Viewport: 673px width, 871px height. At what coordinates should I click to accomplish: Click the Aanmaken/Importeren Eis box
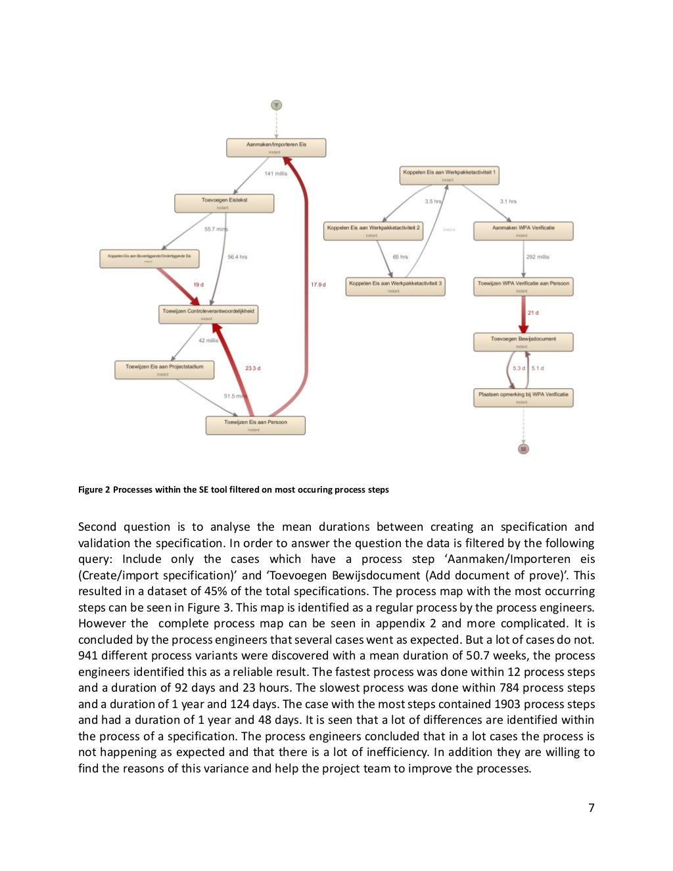click(x=276, y=147)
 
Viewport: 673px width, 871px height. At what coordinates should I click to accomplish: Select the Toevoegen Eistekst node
click(x=224, y=203)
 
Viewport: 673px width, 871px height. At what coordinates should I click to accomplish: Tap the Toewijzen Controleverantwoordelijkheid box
click(x=208, y=314)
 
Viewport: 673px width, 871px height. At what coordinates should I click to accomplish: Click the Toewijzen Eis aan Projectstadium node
click(x=164, y=370)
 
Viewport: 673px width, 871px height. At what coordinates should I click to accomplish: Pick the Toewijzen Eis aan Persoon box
click(x=255, y=425)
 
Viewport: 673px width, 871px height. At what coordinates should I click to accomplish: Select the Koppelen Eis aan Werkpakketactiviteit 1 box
click(x=450, y=175)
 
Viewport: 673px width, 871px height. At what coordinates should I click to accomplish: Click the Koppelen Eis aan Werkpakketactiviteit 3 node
click(x=395, y=286)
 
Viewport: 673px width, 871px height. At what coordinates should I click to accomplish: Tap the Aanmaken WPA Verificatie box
click(x=523, y=231)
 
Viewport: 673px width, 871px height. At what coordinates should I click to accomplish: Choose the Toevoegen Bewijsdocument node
click(x=523, y=342)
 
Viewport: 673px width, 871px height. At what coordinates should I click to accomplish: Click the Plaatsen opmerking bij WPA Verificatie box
click(x=523, y=397)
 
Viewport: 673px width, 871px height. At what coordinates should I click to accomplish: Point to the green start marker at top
click(x=277, y=105)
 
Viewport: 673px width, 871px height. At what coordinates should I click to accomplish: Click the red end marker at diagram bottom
click(x=523, y=449)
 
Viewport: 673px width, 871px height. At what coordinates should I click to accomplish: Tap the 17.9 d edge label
click(x=318, y=284)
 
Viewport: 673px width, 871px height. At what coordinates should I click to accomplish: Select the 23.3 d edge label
click(x=252, y=368)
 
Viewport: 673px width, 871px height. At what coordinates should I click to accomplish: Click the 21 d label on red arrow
click(x=533, y=313)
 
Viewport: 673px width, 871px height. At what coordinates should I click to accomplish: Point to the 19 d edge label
click(x=198, y=284)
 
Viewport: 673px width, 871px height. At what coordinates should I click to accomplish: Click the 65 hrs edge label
click(x=400, y=257)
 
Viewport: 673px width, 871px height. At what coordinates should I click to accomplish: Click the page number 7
click(x=591, y=808)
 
